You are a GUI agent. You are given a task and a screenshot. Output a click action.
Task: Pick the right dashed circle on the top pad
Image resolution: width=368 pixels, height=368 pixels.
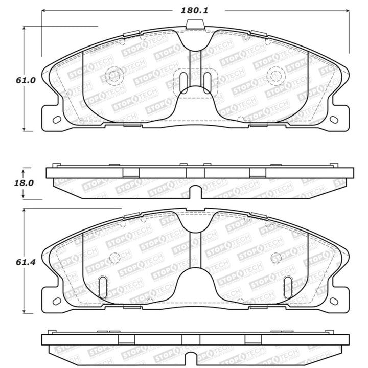pyautogui.click(x=274, y=76)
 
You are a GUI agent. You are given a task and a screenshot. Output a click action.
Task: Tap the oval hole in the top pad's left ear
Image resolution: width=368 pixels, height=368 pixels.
pyautogui.click(x=56, y=120)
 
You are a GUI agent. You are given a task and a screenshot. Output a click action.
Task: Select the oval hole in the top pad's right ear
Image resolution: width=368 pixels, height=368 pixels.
pyautogui.click(x=333, y=120)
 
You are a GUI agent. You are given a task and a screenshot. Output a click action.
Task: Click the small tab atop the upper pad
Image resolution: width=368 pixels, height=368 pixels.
pyautogui.click(x=194, y=24)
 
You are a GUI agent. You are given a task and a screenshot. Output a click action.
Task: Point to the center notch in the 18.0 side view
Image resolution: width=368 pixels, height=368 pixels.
pyautogui.click(x=194, y=193)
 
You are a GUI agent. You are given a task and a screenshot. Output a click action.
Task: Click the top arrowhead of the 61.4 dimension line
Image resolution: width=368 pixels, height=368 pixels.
pyautogui.click(x=25, y=210)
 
